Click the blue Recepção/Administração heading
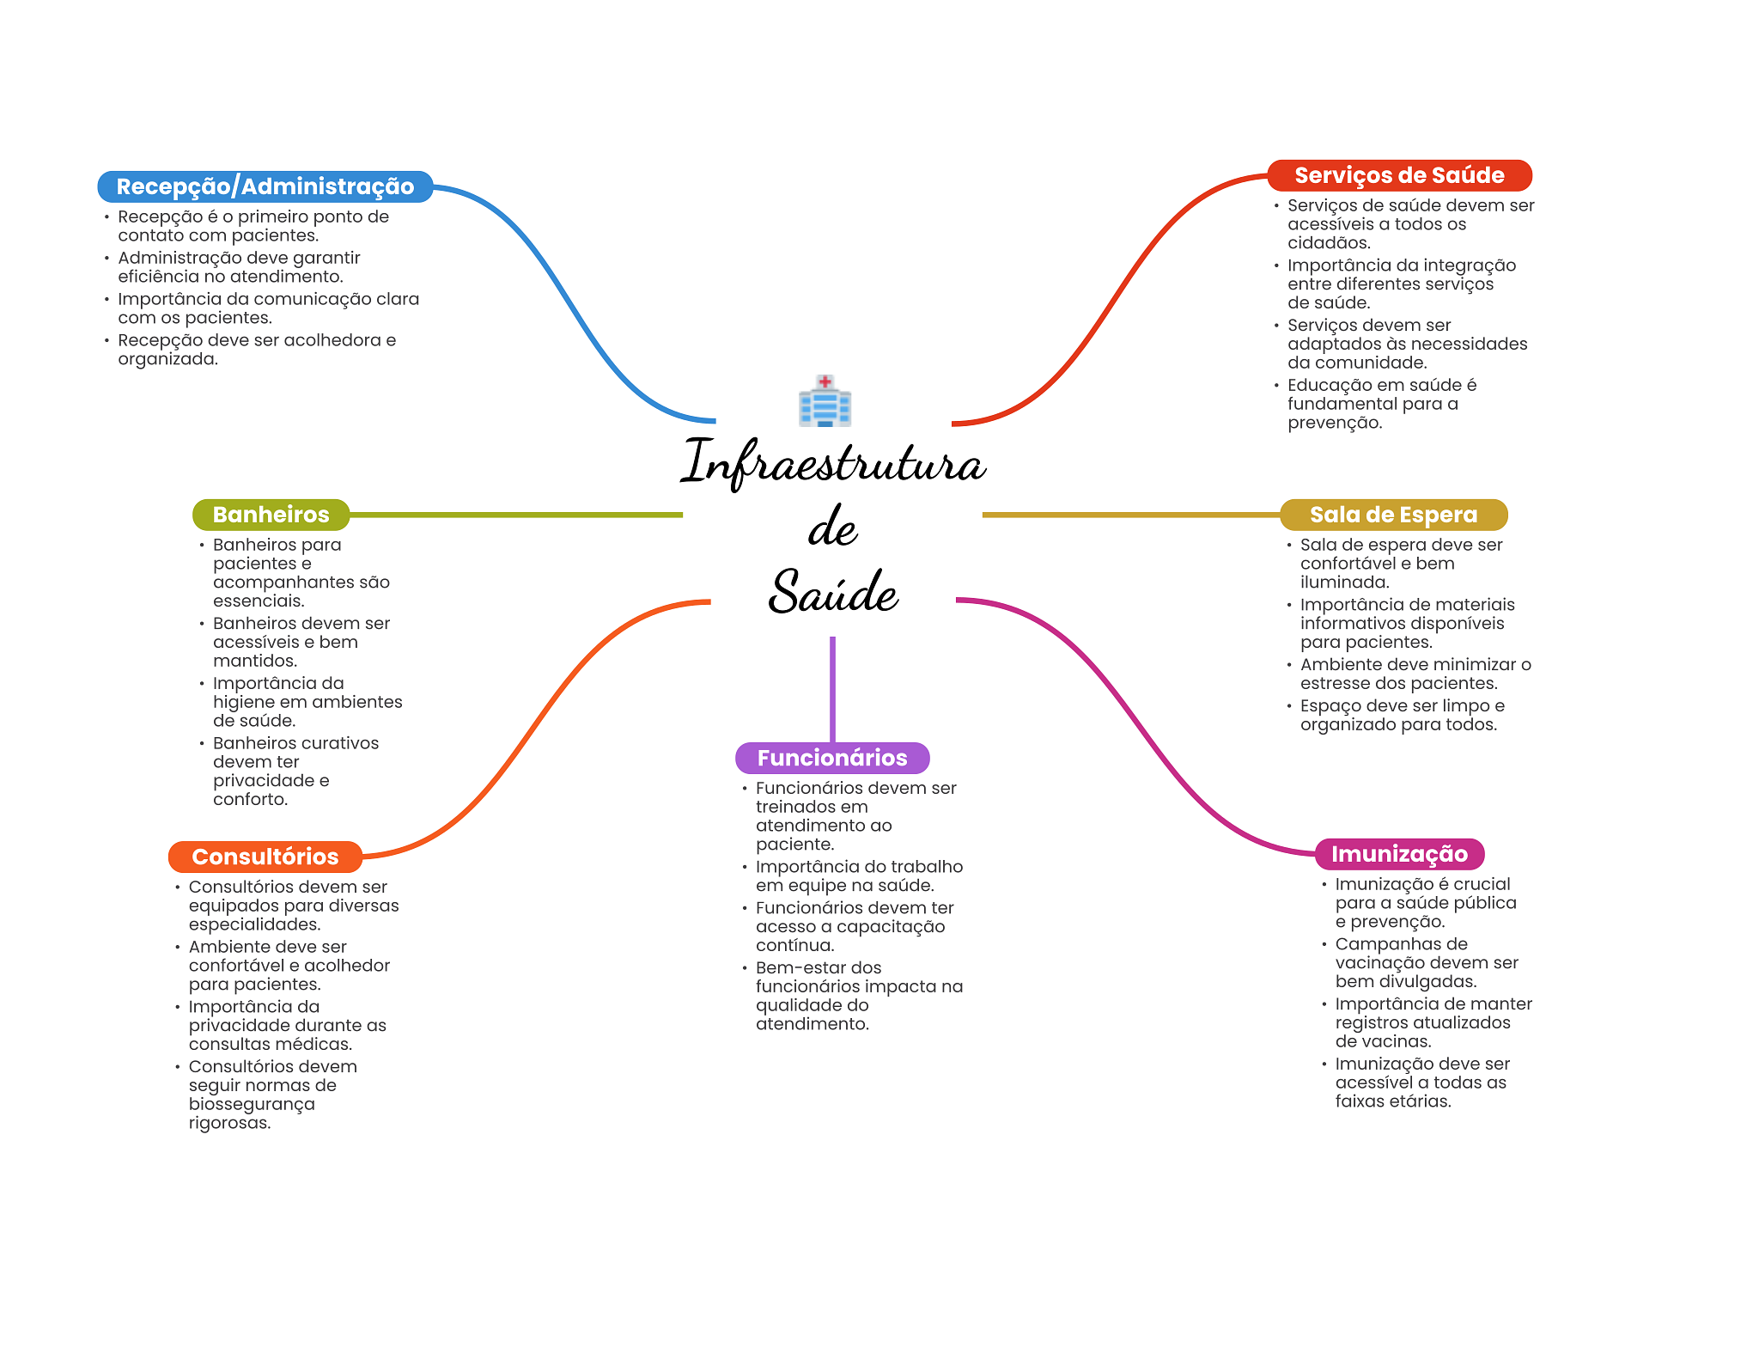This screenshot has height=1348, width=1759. [x=265, y=186]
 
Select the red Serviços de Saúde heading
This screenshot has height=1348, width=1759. [x=1399, y=175]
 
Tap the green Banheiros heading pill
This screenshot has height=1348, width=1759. [x=271, y=515]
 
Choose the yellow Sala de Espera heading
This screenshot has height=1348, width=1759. [x=1393, y=515]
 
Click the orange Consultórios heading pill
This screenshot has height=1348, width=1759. [x=265, y=857]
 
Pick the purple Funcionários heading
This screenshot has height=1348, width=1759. [x=832, y=758]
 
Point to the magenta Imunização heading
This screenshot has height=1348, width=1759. [x=1399, y=854]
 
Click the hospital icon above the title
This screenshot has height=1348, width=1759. [x=825, y=400]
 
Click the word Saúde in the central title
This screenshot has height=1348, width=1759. [x=832, y=592]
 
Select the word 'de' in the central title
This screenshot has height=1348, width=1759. [x=832, y=528]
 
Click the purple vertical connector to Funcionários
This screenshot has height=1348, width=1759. [x=832, y=687]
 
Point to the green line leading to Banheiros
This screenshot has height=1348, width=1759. [x=515, y=515]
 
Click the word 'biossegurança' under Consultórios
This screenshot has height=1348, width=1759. [x=252, y=1104]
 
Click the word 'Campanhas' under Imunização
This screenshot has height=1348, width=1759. [x=1402, y=943]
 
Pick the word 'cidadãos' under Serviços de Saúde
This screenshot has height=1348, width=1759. [x=1328, y=243]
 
